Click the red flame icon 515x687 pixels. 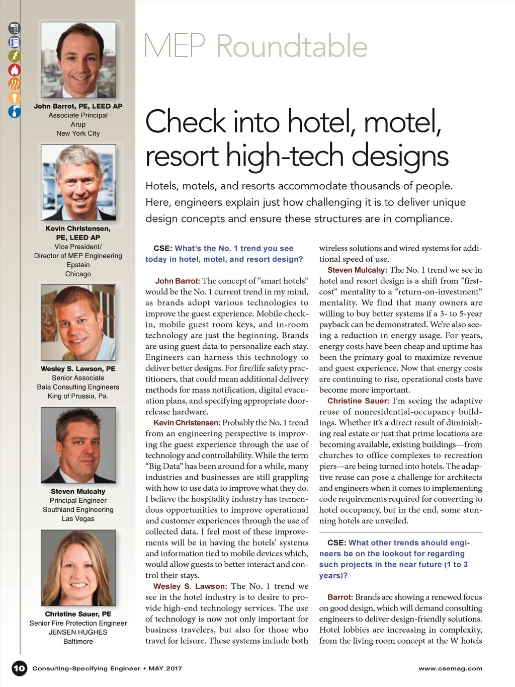click(14, 70)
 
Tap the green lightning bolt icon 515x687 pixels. click(14, 56)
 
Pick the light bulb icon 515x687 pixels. click(14, 98)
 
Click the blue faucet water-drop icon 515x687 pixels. click(14, 112)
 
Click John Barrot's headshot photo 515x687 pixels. click(78, 60)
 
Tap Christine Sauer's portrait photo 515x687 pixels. click(78, 568)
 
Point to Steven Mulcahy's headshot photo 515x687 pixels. click(78, 445)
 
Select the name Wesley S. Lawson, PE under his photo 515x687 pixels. click(78, 369)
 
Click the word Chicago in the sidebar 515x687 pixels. click(78, 274)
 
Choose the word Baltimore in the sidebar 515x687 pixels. click(78, 641)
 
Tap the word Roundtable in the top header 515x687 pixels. click(292, 46)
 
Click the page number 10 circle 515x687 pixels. click(19, 668)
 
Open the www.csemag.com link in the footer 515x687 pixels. click(450, 668)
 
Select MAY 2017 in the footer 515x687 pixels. click(165, 668)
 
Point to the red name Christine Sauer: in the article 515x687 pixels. click(358, 401)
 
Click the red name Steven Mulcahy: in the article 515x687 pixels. click(357, 270)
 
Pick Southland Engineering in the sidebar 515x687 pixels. click(78, 509)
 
